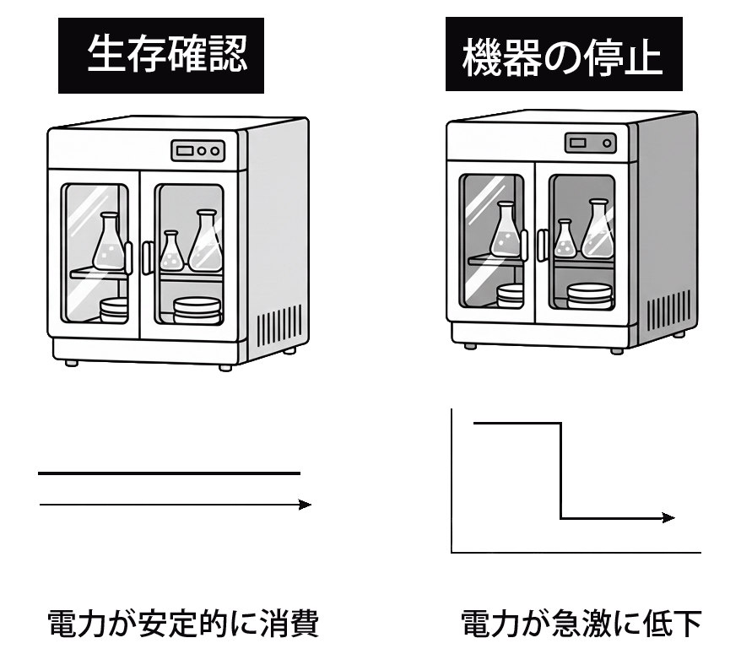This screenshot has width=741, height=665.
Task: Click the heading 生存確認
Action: point(160,55)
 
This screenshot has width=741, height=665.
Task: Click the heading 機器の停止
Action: point(564,55)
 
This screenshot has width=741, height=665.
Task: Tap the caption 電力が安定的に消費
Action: point(181,625)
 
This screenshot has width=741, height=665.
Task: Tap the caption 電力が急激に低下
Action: point(581,625)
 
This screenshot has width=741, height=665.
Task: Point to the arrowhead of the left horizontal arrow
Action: point(305,505)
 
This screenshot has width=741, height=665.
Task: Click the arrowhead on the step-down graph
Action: point(668,517)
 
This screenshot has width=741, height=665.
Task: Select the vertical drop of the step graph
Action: point(561,471)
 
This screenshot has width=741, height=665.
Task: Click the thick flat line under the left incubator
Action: point(169,473)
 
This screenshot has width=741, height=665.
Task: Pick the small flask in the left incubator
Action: point(171,251)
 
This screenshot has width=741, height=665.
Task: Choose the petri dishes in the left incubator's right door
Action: point(197,310)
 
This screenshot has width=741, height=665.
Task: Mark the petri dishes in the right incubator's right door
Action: point(590,295)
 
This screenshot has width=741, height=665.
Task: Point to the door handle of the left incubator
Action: point(146,257)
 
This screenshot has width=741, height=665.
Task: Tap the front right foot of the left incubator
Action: point(225,367)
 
